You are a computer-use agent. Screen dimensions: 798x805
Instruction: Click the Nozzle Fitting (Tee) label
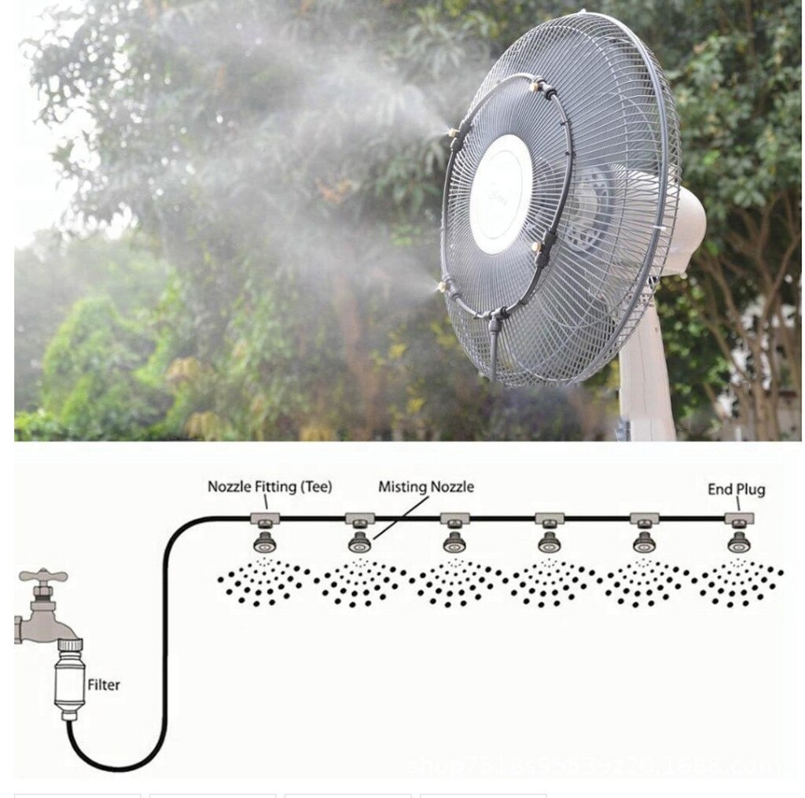[270, 486]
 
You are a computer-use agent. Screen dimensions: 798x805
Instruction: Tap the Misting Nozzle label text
[426, 486]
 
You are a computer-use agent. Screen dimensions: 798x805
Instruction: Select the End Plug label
[736, 490]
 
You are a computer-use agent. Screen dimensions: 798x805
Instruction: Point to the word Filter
[104, 685]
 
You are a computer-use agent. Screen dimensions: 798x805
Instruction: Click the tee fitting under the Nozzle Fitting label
[264, 519]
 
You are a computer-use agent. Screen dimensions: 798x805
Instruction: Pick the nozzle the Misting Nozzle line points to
[359, 541]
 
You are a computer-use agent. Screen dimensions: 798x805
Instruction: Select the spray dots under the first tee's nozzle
[264, 582]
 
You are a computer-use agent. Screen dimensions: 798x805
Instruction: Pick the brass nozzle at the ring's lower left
[444, 285]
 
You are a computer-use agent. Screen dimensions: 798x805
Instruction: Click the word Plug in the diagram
[750, 490]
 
